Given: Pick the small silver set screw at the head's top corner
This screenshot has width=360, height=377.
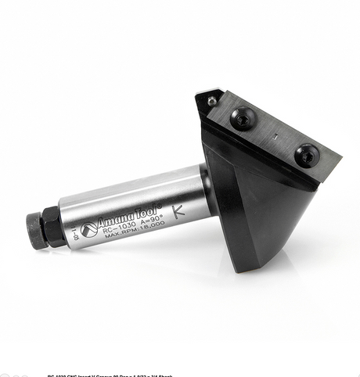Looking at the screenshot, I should [x=211, y=100].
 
